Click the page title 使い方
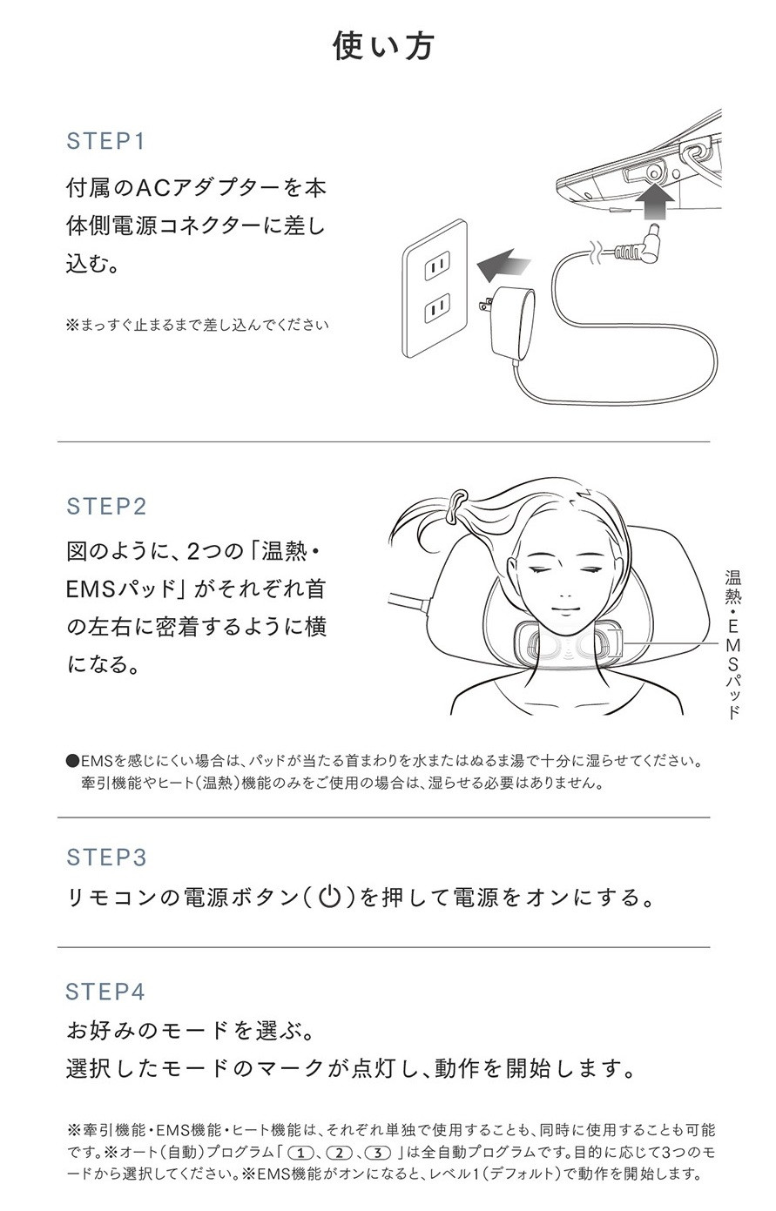pos(383,46)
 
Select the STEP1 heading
pos(105,141)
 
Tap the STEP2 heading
pos(106,507)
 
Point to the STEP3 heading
pos(106,858)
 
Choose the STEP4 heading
pos(105,992)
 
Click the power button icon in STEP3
pos(328,897)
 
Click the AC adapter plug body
pos(514,323)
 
